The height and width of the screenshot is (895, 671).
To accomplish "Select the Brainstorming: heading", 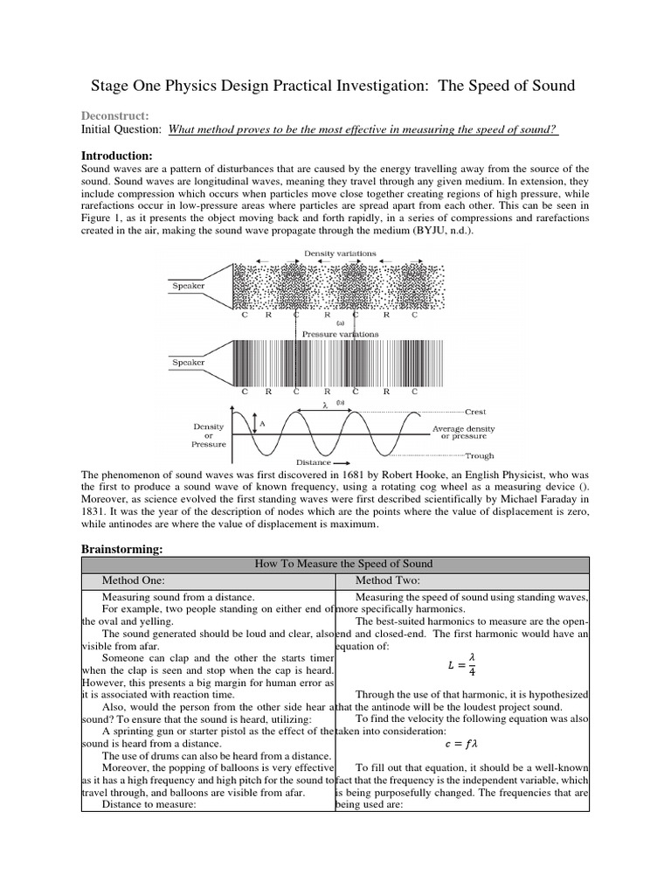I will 128,548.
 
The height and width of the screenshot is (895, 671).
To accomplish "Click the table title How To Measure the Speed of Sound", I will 343,564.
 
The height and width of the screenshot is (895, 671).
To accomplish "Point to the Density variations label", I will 340,253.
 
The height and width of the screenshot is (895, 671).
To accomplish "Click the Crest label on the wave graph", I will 475,411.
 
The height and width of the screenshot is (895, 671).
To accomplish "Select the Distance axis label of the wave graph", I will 314,461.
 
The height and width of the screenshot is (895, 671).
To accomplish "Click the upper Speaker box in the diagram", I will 188,285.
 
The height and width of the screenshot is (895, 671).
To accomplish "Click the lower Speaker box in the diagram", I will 188,362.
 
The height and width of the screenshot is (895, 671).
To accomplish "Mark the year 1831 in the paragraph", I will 95,511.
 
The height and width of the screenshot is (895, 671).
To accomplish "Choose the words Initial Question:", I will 121,129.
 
